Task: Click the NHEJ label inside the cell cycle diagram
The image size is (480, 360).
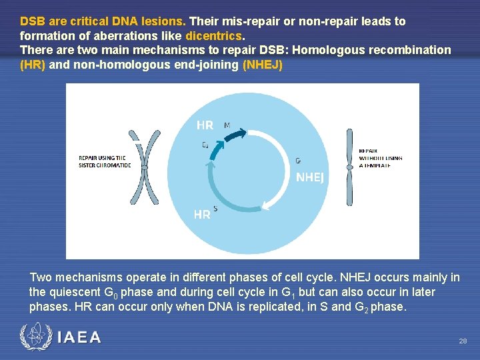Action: click(x=309, y=177)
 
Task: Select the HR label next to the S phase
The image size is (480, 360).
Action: click(x=202, y=215)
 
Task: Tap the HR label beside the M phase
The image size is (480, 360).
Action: click(x=205, y=125)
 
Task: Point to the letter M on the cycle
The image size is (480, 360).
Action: click(x=227, y=125)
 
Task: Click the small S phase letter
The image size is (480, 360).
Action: click(x=215, y=208)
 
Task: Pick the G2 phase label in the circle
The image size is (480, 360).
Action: click(x=205, y=145)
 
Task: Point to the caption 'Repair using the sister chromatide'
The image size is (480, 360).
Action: click(x=105, y=161)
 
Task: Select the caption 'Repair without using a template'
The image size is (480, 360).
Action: click(x=381, y=158)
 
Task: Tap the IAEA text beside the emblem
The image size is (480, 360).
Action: click(x=79, y=337)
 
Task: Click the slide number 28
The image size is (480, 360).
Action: click(x=463, y=341)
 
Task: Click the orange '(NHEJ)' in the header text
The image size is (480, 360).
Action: click(x=263, y=65)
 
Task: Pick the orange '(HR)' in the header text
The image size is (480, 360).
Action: click(x=33, y=65)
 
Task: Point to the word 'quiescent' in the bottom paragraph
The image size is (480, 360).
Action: click(x=73, y=292)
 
